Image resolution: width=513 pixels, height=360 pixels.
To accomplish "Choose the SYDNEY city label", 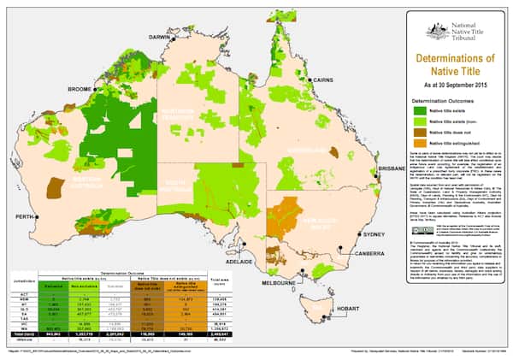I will [374, 234].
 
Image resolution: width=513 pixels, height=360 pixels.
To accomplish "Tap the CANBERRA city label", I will [372, 253].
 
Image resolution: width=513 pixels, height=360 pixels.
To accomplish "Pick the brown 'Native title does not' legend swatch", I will [419, 132].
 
